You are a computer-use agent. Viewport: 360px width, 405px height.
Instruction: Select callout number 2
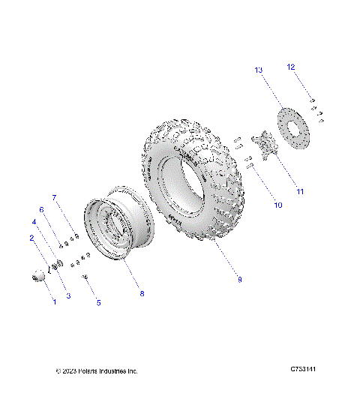(31, 238)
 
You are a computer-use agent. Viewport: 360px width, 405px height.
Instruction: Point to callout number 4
(34, 223)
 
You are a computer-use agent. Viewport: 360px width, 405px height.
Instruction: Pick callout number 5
(98, 303)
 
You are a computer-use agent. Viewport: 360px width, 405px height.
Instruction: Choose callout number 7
(54, 197)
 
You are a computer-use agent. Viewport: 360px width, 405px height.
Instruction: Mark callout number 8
(141, 294)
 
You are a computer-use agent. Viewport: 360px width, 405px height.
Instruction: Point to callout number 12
(290, 67)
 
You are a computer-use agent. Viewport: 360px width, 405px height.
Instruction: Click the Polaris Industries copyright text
(97, 371)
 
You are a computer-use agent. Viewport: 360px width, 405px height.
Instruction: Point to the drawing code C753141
(308, 370)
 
